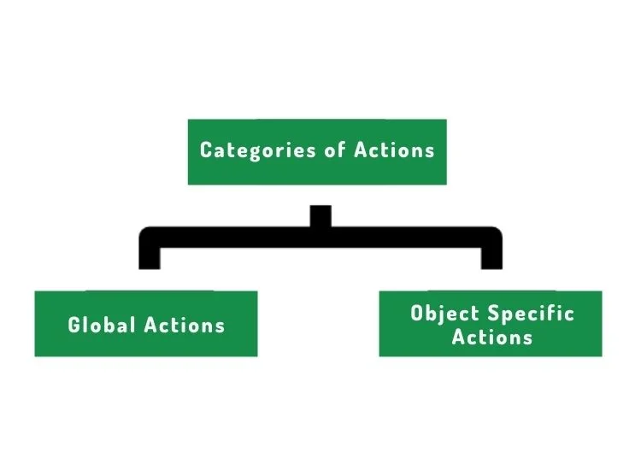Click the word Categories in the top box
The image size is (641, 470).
(x=258, y=150)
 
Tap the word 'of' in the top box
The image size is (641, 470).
(x=335, y=150)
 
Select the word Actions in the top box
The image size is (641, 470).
(x=394, y=150)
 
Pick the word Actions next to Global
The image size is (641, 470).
(x=185, y=325)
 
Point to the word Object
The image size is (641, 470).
(x=444, y=314)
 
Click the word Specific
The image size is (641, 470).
(x=532, y=314)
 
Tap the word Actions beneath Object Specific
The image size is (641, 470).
(x=492, y=338)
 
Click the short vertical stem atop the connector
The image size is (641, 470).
(x=320, y=216)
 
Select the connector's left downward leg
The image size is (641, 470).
(x=150, y=258)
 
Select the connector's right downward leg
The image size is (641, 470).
(x=491, y=258)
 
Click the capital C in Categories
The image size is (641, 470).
(x=206, y=150)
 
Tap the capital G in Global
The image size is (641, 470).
(x=74, y=325)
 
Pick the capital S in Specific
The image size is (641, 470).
(x=494, y=313)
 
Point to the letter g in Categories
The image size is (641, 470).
(x=254, y=153)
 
